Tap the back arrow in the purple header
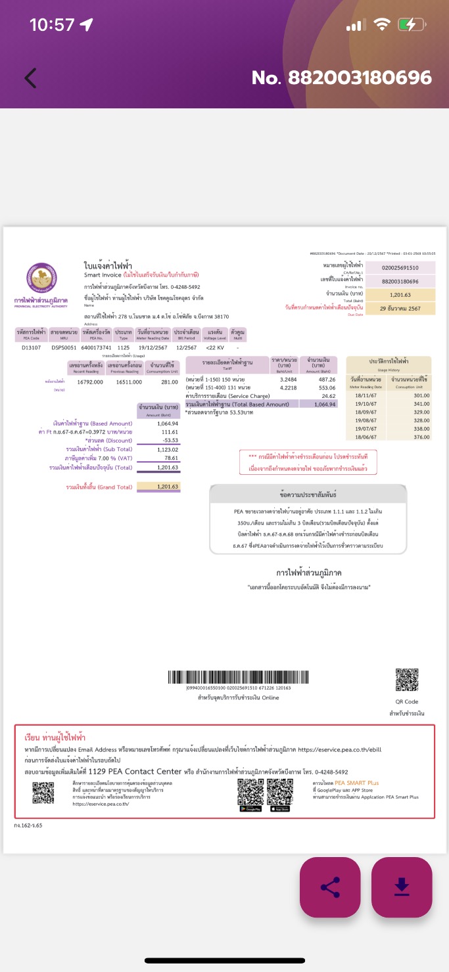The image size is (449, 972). coord(30,78)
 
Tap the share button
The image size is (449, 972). coord(330,887)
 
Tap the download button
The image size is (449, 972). coord(402,887)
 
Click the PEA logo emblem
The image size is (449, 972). coord(41,278)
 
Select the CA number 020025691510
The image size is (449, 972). coord(400,268)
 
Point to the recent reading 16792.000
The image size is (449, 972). coord(91,382)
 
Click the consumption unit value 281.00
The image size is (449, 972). coord(170,382)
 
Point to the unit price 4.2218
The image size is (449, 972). coord(289,387)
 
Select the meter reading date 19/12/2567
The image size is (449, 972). coord(153,347)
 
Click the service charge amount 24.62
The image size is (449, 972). coord(328,396)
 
